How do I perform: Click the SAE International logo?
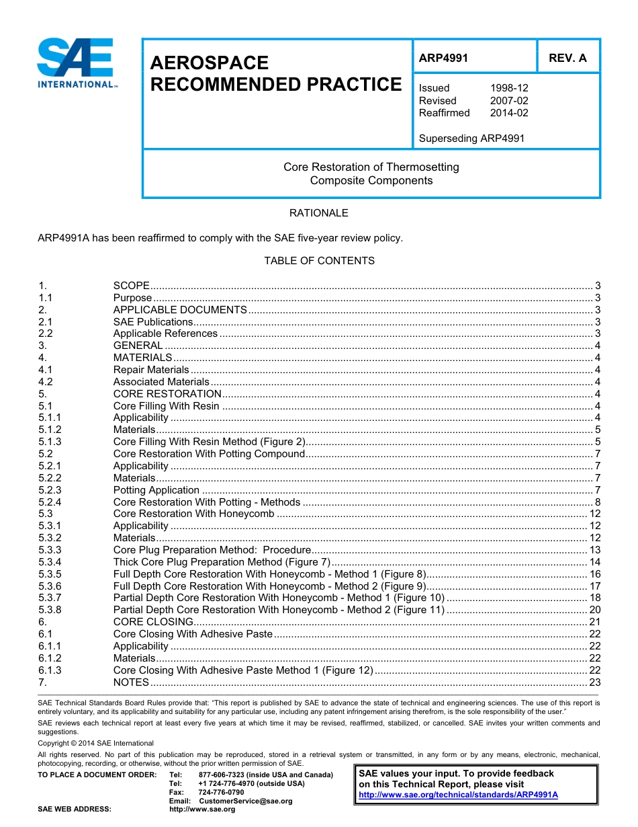point(77,63)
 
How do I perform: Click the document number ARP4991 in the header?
point(443,58)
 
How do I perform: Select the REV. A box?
point(567,58)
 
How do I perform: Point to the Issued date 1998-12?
point(508,88)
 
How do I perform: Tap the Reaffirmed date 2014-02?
point(508,113)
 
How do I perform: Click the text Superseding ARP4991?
point(471,139)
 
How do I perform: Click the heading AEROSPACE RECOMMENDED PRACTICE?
point(275,74)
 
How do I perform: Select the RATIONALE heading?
point(318,213)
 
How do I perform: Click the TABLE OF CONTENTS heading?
point(319,261)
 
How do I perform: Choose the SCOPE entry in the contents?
point(131,286)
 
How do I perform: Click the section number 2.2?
point(46,333)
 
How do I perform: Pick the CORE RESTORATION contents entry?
point(167,394)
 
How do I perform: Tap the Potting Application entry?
point(156,490)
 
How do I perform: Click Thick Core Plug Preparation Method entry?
point(222,562)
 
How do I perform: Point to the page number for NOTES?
point(594,682)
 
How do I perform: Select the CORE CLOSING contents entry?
point(153,622)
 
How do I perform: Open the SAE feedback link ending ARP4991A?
point(458,795)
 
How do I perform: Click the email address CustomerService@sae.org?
point(246,801)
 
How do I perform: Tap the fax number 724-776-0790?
point(221,793)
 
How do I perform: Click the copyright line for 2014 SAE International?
point(95,743)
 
